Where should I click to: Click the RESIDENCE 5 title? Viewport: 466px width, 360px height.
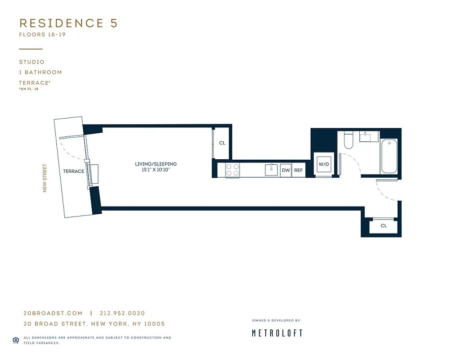click(x=68, y=23)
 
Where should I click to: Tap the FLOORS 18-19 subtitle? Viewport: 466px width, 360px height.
click(x=42, y=35)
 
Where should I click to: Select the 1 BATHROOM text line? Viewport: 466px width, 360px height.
click(x=41, y=72)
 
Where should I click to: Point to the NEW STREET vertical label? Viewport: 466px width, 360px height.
click(x=45, y=178)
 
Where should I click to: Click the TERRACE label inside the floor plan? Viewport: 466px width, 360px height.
click(x=73, y=171)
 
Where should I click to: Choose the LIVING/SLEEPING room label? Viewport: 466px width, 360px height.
click(x=156, y=164)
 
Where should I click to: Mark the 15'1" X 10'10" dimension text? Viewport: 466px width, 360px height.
click(x=156, y=170)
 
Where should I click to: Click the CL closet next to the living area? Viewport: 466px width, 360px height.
click(x=222, y=143)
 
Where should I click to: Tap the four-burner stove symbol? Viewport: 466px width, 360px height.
click(x=232, y=170)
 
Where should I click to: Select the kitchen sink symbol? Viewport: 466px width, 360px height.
click(x=271, y=170)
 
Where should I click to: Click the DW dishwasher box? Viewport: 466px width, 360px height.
click(x=285, y=171)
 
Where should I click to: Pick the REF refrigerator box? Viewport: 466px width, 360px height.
click(x=298, y=171)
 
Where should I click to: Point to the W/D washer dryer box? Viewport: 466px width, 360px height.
click(x=324, y=165)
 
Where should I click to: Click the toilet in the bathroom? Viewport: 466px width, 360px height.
click(x=348, y=140)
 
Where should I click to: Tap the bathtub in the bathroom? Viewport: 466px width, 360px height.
click(x=389, y=156)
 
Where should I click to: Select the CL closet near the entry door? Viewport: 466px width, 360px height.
click(x=384, y=226)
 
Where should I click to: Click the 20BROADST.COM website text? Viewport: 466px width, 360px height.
click(x=53, y=313)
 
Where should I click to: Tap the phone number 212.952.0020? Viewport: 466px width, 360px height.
click(x=122, y=313)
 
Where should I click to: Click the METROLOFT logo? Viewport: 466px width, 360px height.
click(x=276, y=333)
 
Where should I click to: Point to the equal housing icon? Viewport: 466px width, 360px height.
click(x=16, y=340)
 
